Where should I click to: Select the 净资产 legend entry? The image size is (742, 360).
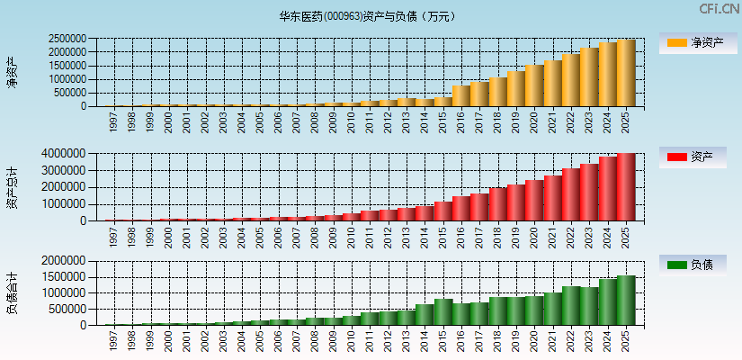[x=698, y=43]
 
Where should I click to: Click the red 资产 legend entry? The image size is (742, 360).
[x=698, y=157]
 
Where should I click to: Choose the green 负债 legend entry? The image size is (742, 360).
[x=698, y=265]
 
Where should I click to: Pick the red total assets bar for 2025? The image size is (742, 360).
[x=626, y=187]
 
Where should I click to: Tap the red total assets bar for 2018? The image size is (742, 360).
[x=498, y=204]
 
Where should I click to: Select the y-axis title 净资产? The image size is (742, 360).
[x=12, y=72]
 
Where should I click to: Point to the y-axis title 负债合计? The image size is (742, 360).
[x=12, y=292]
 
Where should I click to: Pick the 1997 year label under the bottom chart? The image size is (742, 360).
[x=112, y=339]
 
